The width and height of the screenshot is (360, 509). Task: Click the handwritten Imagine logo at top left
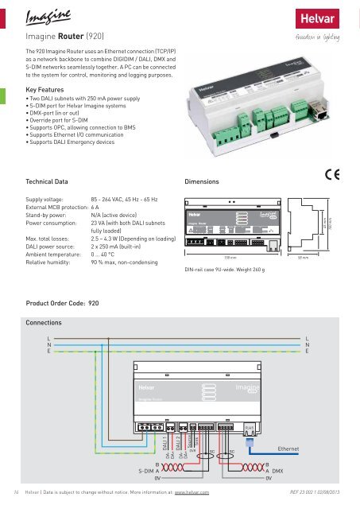tap(46, 16)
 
